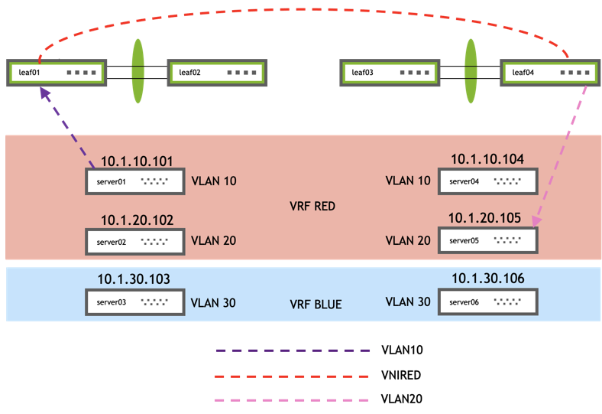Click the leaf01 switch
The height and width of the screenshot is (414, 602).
tap(56, 73)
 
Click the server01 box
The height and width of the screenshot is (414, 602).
tap(134, 181)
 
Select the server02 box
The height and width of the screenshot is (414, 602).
tap(134, 241)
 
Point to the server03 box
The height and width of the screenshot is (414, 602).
tap(134, 302)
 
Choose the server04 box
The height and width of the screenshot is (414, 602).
tap(487, 181)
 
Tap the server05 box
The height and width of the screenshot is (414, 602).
tap(487, 240)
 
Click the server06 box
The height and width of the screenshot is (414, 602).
tap(487, 302)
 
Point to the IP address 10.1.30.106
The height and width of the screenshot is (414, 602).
tap(487, 279)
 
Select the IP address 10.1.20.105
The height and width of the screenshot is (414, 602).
tap(484, 219)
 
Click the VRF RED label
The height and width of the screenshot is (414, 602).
tap(313, 207)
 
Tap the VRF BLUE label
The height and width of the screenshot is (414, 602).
tap(316, 304)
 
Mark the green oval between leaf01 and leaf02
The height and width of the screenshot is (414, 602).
tap(138, 70)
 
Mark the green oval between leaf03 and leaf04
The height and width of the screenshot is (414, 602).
tap(471, 70)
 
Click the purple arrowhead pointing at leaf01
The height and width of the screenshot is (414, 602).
tap(45, 92)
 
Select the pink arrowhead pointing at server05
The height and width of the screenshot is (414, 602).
tap(536, 221)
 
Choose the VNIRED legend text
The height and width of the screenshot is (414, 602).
tap(401, 375)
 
